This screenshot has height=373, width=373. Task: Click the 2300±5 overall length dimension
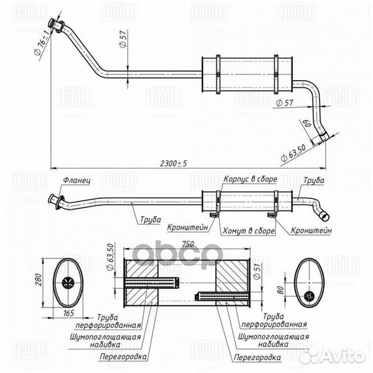(x=173, y=164)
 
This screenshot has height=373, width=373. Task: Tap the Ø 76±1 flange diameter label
(x=43, y=44)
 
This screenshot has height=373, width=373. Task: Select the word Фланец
(x=77, y=180)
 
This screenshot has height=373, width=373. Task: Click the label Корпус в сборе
(x=250, y=179)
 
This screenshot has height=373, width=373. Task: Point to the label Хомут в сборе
(x=249, y=231)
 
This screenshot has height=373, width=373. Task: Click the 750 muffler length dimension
(x=188, y=245)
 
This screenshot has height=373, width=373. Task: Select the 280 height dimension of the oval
(x=38, y=280)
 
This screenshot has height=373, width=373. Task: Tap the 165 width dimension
(x=69, y=313)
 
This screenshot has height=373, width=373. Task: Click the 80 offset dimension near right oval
(x=281, y=290)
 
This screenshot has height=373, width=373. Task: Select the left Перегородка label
(x=123, y=356)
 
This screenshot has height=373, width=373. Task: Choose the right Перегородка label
(x=257, y=357)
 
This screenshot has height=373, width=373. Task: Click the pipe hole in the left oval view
(x=68, y=283)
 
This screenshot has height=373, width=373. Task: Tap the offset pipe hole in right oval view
(x=309, y=296)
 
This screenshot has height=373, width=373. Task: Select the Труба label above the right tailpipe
(x=314, y=180)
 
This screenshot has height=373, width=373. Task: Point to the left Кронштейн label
(x=187, y=228)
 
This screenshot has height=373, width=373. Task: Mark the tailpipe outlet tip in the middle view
(x=325, y=216)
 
